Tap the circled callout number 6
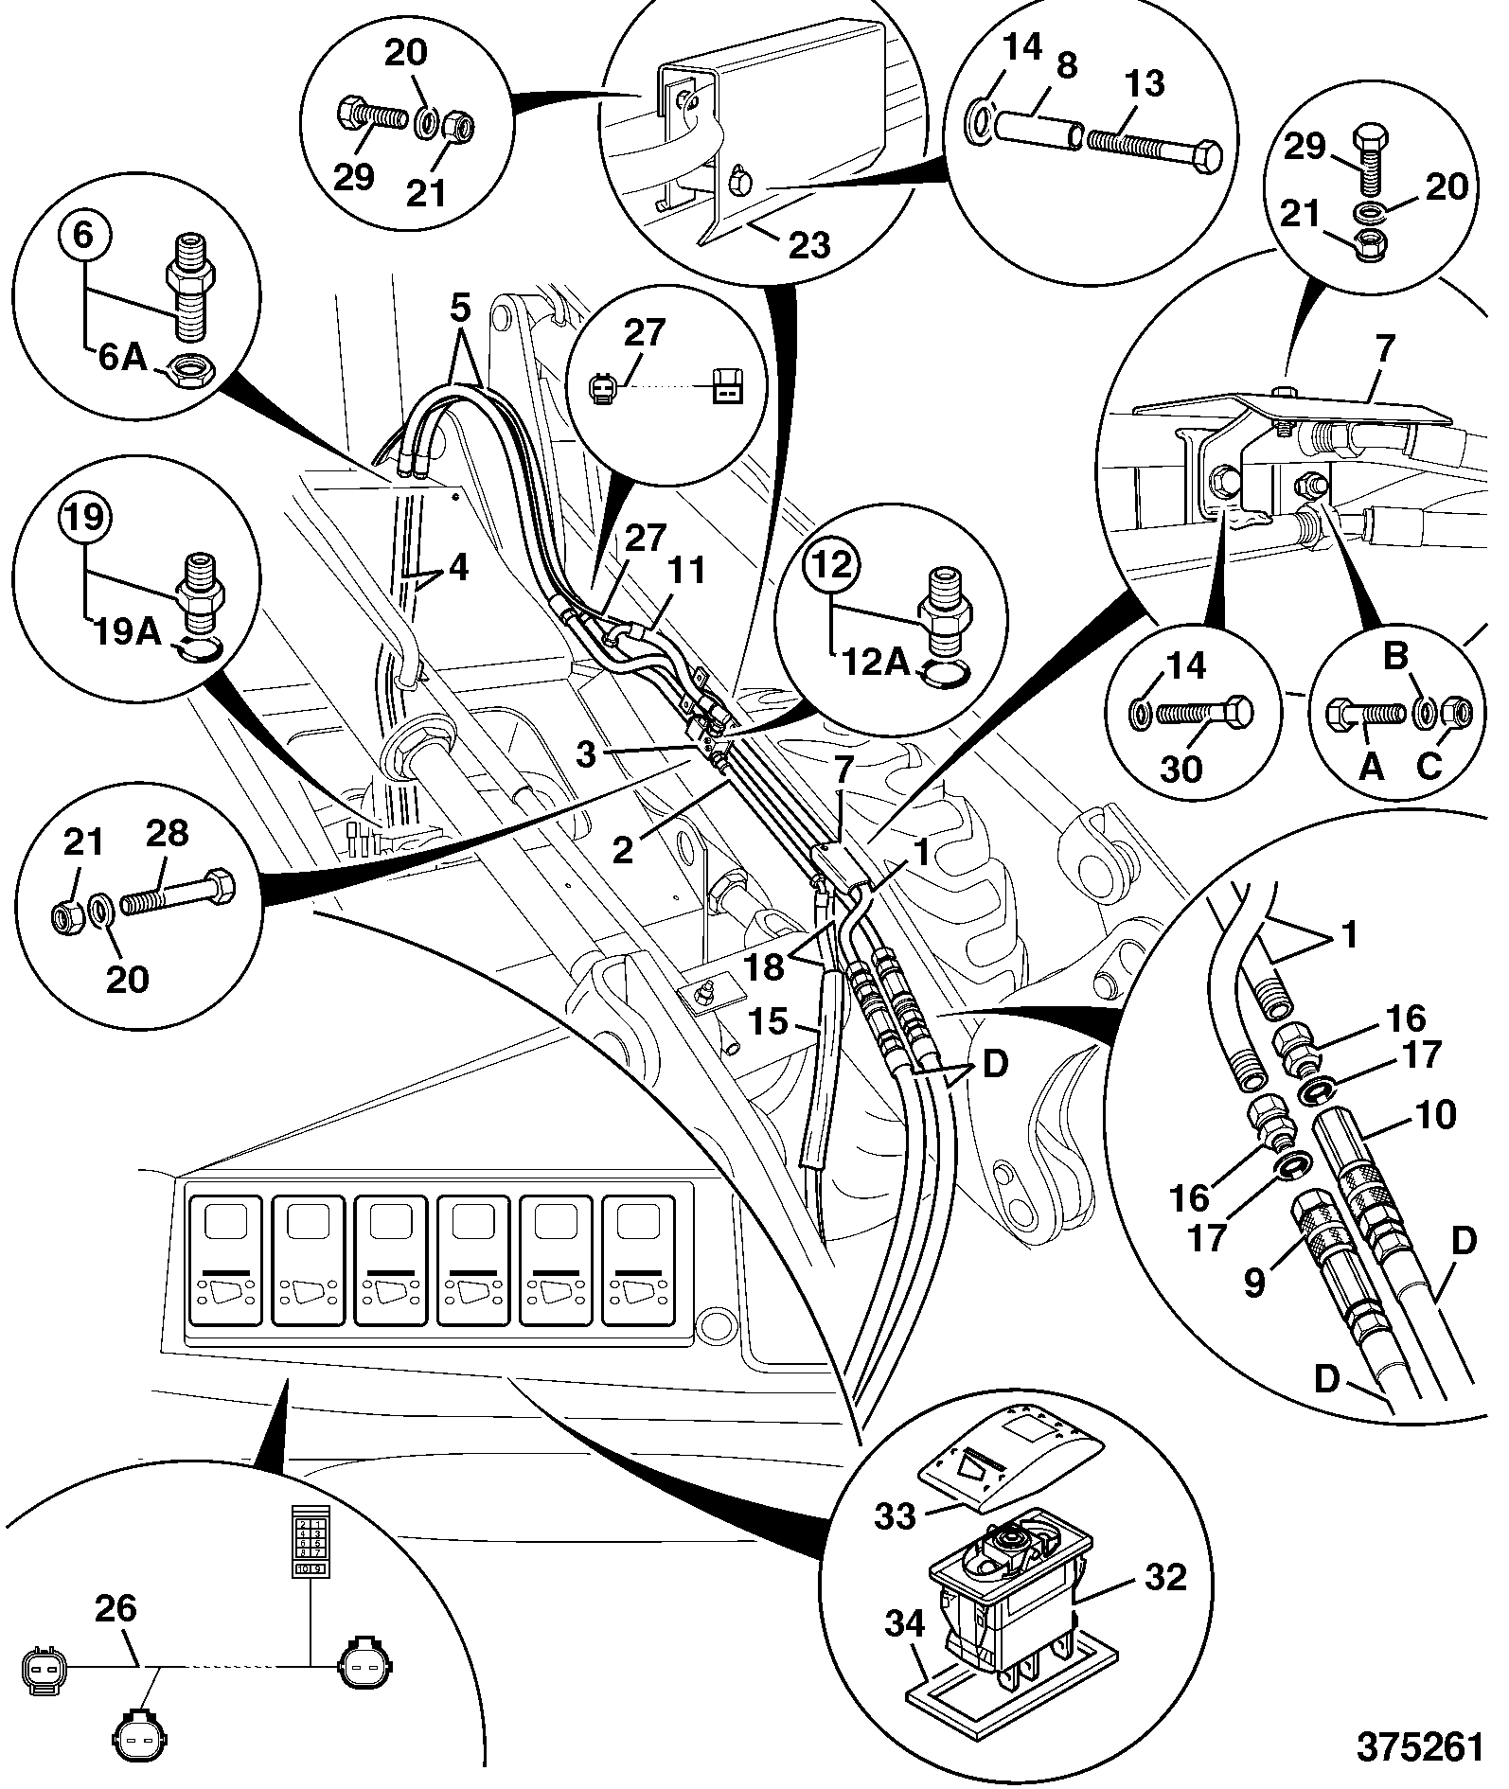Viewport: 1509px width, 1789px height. (x=83, y=236)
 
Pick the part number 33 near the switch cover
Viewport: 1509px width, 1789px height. (x=895, y=1515)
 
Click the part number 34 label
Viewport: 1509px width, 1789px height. (x=905, y=1624)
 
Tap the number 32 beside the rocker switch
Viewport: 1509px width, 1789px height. (x=1165, y=1577)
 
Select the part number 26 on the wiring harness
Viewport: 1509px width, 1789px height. (x=116, y=1608)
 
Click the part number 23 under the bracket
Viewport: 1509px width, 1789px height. (x=808, y=245)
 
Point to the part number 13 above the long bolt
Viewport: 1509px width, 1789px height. (x=1145, y=83)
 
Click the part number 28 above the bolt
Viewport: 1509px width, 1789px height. (x=167, y=833)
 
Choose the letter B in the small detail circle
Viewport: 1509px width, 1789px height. (x=1396, y=656)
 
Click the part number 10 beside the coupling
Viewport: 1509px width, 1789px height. (x=1436, y=1114)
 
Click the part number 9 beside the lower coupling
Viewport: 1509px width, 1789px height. (x=1253, y=1284)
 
